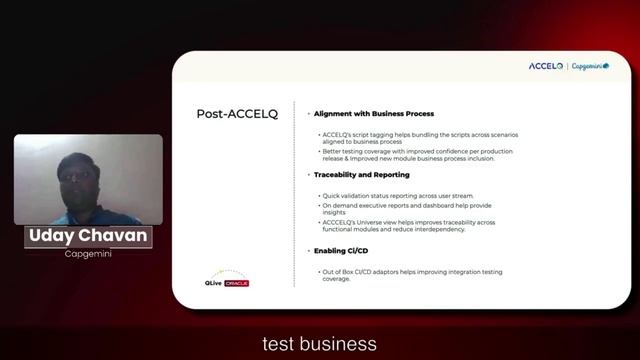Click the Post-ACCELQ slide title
click(x=236, y=114)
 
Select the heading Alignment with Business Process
click(x=373, y=114)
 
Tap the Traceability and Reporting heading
click(x=361, y=175)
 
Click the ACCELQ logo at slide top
click(x=546, y=66)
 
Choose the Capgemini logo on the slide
click(x=590, y=66)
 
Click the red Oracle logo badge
click(x=236, y=283)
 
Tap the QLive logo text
click(x=214, y=283)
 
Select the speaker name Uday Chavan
click(x=87, y=237)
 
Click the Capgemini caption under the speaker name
click(x=87, y=254)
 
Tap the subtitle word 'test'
click(x=278, y=344)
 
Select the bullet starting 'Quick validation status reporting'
click(x=397, y=196)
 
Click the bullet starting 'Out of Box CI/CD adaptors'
click(x=410, y=275)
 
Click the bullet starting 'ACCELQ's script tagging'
click(x=419, y=138)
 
